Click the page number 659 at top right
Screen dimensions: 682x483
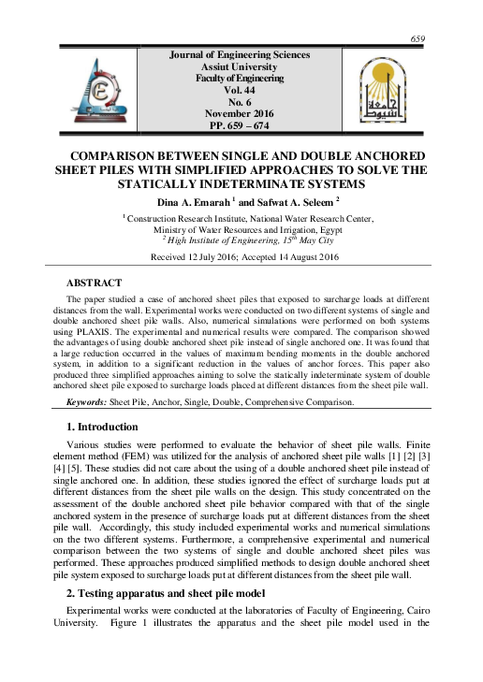[x=418, y=37]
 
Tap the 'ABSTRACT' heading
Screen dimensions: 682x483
[x=95, y=282]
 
